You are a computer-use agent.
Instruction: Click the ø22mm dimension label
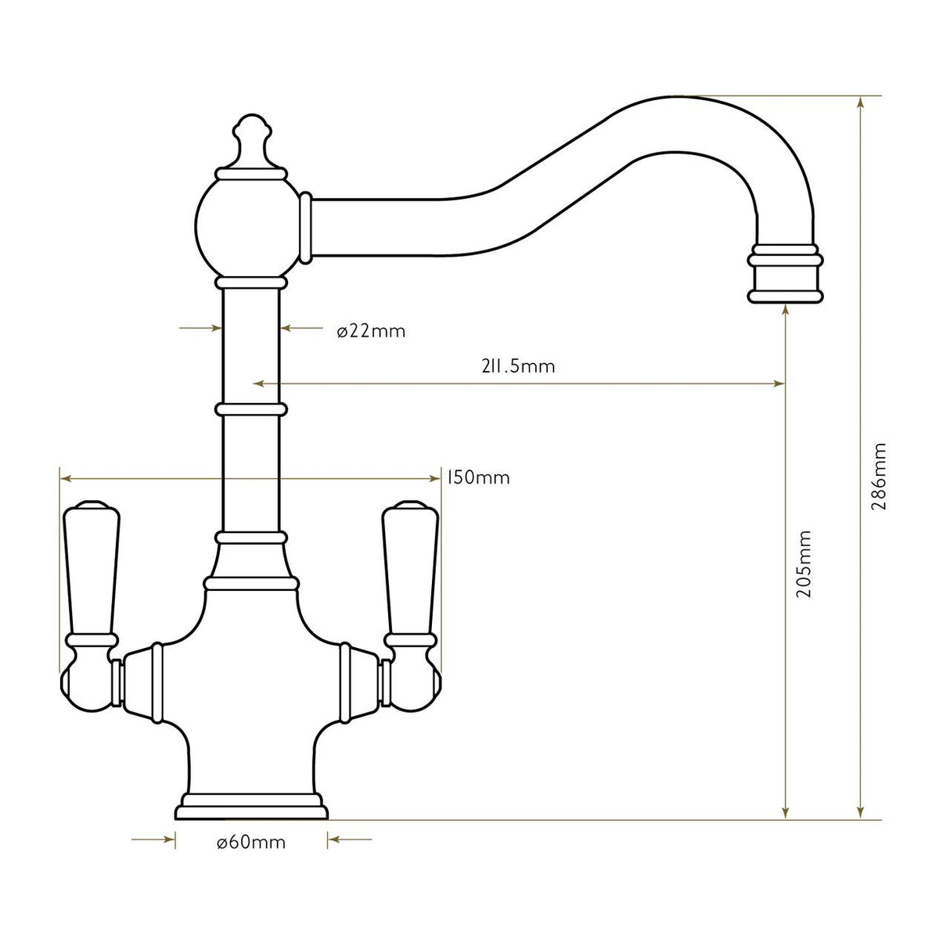point(371,331)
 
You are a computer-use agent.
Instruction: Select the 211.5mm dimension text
point(518,366)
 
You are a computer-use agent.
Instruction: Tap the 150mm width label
point(478,477)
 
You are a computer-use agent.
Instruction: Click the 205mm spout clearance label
point(804,563)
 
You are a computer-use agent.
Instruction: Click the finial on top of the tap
point(251,141)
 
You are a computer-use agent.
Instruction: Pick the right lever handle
point(409,571)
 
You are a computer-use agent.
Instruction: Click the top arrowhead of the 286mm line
point(861,102)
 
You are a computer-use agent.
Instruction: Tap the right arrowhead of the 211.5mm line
point(779,383)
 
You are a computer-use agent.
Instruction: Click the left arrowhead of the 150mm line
point(65,477)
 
